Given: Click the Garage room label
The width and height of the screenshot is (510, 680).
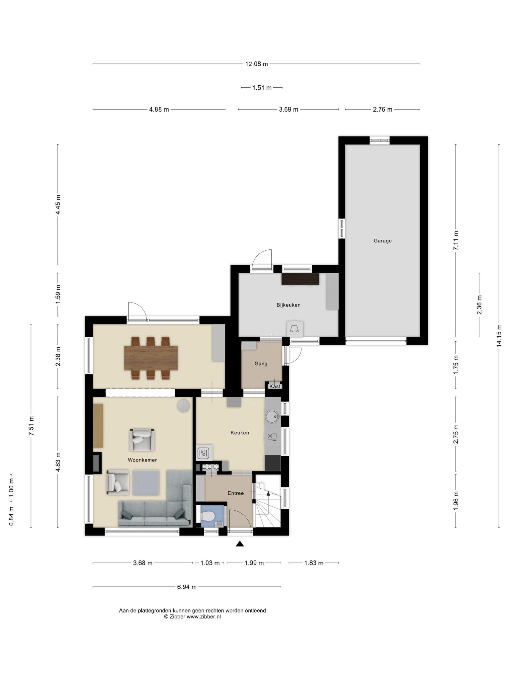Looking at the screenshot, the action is [x=382, y=241].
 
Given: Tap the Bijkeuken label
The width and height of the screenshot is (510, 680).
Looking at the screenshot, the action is [x=289, y=305].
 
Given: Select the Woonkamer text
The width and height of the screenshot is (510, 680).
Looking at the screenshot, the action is [x=142, y=460].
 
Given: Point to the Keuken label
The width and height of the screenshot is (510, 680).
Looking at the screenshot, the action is [x=240, y=433].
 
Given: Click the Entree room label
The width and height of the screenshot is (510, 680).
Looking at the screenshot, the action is [x=236, y=493].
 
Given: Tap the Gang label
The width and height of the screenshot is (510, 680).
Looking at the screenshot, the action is [x=261, y=364].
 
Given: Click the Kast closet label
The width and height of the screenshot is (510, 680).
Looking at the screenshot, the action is [x=275, y=386].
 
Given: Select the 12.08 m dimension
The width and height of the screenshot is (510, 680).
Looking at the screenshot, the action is [x=257, y=64].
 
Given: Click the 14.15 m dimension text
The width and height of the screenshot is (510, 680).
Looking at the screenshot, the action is [x=499, y=336].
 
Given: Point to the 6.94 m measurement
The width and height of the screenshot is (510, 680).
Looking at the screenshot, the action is [x=187, y=587].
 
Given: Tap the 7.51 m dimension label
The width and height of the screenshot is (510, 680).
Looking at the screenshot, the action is [x=31, y=426].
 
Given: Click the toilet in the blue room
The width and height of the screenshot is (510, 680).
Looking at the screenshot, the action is [x=208, y=516].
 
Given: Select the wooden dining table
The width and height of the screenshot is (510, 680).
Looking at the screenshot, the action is [x=151, y=358].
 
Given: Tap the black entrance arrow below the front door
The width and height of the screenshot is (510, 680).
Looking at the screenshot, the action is [x=240, y=544].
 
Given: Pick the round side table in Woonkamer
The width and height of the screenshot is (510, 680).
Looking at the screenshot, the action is [x=184, y=406].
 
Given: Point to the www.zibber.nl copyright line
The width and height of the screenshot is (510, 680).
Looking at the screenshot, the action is [x=192, y=617].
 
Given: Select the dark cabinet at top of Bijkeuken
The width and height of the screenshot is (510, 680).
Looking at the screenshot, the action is [x=300, y=279].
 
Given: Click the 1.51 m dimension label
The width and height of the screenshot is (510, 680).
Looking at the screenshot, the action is [x=262, y=88].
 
